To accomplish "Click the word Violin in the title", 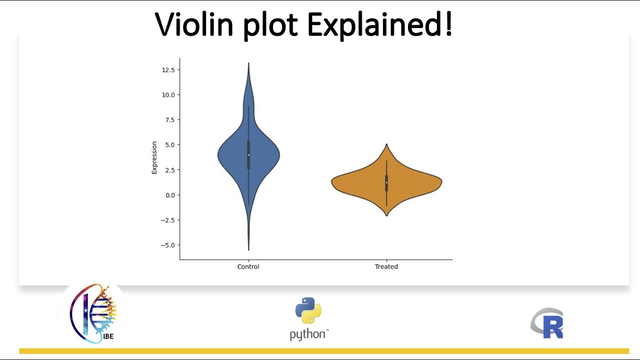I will point(194,24).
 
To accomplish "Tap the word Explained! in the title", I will point(380,24).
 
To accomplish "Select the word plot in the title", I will point(272,26).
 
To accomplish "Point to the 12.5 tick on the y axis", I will point(168,69).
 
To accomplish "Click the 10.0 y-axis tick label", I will point(168,95).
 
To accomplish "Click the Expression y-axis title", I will point(154,157).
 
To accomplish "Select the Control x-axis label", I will point(248,267).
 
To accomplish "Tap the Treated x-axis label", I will point(386,267).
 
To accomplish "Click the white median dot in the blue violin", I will point(248,154).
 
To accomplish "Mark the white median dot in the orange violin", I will point(386,182).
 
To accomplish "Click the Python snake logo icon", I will point(308,310).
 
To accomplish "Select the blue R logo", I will point(547,323).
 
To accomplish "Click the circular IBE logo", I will point(93,313).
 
